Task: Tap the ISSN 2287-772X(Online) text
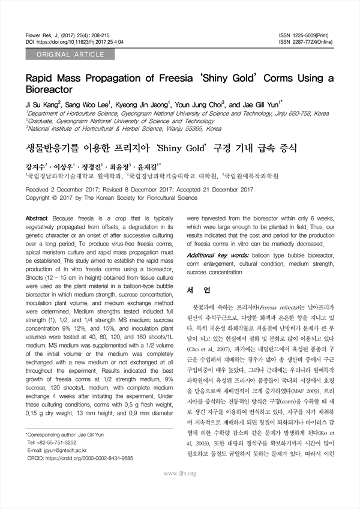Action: click(306, 43)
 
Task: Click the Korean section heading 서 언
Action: click(198, 291)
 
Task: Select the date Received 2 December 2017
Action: click(65, 188)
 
